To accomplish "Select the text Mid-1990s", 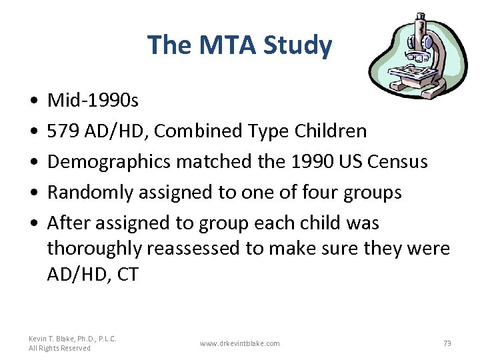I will (x=93, y=101).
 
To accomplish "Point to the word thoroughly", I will (x=94, y=249).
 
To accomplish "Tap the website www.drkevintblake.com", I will (x=239, y=343).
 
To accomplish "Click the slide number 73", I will (x=447, y=343).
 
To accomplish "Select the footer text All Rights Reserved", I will (x=60, y=348).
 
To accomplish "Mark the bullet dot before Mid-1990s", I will (x=33, y=101).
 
